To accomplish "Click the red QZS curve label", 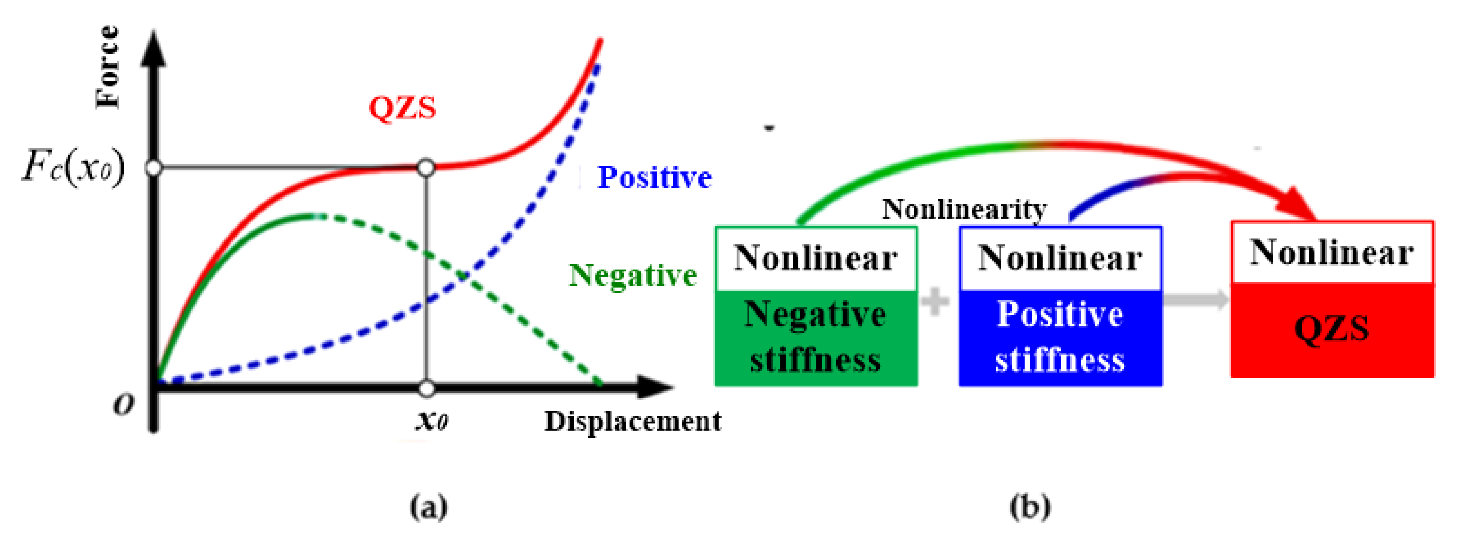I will pyautogui.click(x=402, y=107).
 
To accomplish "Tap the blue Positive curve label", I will pyautogui.click(x=654, y=178).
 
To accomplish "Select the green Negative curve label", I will pyautogui.click(x=632, y=276).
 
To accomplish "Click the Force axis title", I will pyautogui.click(x=108, y=66).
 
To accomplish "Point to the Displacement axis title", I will pyautogui.click(x=632, y=422).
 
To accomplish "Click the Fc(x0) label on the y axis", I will pyautogui.click(x=74, y=167).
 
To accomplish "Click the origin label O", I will pyautogui.click(x=123, y=404).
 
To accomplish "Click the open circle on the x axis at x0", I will pyautogui.click(x=427, y=389).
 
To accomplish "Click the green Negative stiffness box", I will pyautogui.click(x=815, y=337).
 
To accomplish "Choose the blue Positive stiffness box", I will pyautogui.click(x=1060, y=337).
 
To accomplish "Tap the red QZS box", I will pyautogui.click(x=1332, y=328).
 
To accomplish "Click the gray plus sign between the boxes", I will pyautogui.click(x=935, y=301).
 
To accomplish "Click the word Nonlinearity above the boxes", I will pyautogui.click(x=964, y=209).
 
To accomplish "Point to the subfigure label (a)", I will pyautogui.click(x=428, y=507).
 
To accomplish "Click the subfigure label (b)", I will pyautogui.click(x=1030, y=507).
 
